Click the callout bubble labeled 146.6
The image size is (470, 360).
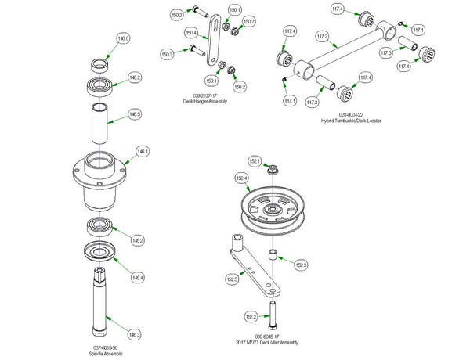(123, 38)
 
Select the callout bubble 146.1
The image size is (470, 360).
(142, 152)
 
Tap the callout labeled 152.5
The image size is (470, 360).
(233, 278)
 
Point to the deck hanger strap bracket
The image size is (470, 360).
(210, 43)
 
